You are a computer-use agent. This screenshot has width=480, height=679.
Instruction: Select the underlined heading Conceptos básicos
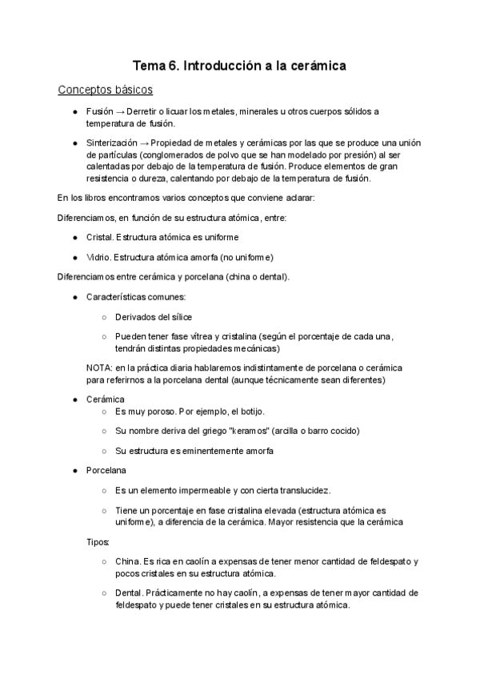click(106, 90)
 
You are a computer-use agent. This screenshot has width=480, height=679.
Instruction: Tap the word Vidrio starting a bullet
click(98, 257)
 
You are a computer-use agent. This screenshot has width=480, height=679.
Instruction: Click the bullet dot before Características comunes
click(74, 297)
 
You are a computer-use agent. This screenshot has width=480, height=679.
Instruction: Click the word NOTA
click(100, 368)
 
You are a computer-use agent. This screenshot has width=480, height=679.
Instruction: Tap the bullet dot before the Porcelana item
click(74, 470)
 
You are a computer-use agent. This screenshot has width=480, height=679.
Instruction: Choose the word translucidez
click(299, 490)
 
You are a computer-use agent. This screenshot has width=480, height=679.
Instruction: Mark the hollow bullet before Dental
click(104, 593)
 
